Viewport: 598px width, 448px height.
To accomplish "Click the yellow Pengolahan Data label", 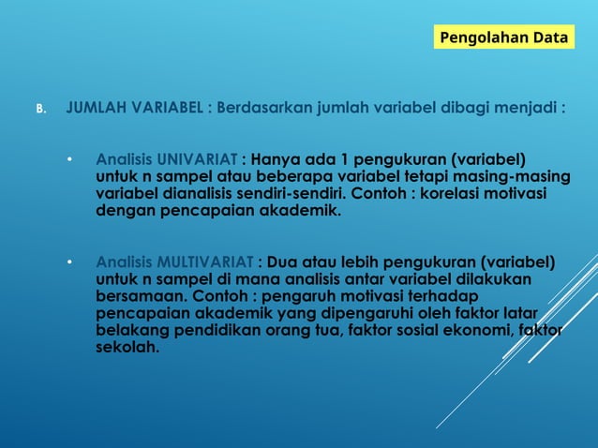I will point(504,38).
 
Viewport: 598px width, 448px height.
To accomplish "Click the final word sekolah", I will point(127,347).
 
